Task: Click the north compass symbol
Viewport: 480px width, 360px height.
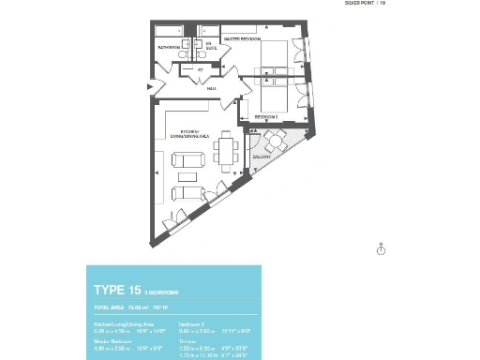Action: click(x=381, y=249)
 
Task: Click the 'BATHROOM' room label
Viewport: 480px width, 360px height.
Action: click(x=169, y=45)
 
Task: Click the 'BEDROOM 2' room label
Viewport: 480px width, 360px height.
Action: click(x=268, y=116)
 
